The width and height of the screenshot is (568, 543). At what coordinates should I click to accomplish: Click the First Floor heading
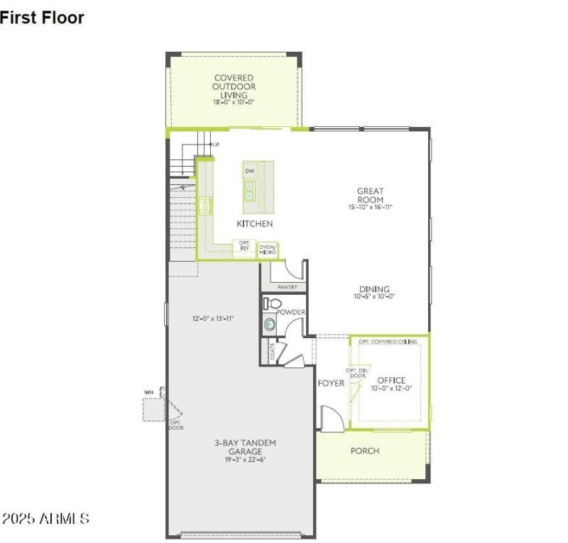42,18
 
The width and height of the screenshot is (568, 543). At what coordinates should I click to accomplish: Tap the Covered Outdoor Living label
234,86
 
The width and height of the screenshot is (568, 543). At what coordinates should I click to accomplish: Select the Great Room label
370,195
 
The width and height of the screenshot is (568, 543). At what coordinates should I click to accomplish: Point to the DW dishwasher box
250,172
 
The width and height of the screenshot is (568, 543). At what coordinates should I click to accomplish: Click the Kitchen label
254,223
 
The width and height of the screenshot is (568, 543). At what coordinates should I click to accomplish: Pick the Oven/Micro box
268,250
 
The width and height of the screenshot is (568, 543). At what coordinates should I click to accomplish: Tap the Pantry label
287,287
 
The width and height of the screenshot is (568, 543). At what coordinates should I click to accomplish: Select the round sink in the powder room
270,325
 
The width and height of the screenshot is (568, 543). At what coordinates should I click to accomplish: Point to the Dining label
374,289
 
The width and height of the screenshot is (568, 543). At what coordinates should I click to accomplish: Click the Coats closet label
272,352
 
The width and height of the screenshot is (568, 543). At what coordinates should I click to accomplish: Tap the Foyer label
331,384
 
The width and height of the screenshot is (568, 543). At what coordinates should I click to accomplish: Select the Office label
391,381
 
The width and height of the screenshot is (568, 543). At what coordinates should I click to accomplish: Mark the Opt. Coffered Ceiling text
388,342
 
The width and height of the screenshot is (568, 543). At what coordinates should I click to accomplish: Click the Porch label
365,451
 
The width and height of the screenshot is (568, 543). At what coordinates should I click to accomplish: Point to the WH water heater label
149,391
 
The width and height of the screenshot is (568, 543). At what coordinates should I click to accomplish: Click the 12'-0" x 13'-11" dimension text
213,318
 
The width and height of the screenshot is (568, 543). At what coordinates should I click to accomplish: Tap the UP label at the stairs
215,145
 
